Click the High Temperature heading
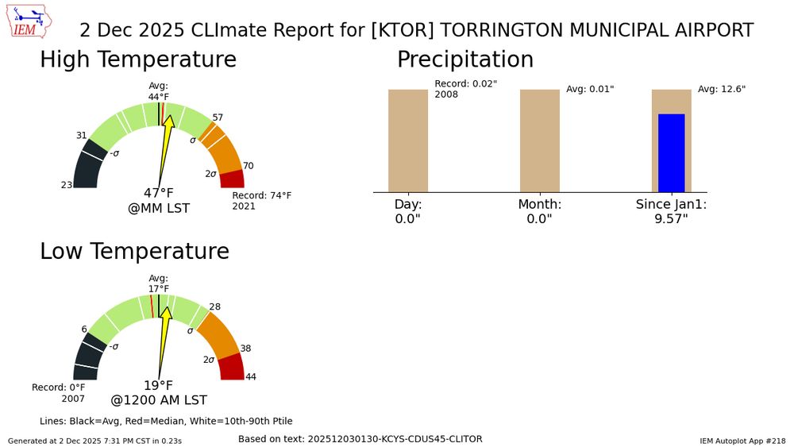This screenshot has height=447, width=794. pyautogui.click(x=138, y=60)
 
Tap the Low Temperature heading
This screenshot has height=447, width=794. pyautogui.click(x=134, y=251)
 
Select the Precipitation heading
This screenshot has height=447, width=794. pyautogui.click(x=465, y=60)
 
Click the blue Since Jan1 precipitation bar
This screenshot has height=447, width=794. pyautogui.click(x=671, y=152)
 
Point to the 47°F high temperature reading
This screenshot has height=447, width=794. pyautogui.click(x=158, y=193)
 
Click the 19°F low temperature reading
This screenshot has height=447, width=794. pyautogui.click(x=158, y=385)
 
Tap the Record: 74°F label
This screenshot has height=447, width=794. pyautogui.click(x=261, y=195)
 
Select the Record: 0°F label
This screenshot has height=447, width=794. pyautogui.click(x=58, y=387)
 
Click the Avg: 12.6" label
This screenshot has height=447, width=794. pyautogui.click(x=722, y=89)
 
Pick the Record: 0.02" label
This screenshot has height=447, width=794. pyautogui.click(x=465, y=84)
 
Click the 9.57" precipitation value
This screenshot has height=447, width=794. pyautogui.click(x=671, y=218)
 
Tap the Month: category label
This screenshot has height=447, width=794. pyautogui.click(x=540, y=204)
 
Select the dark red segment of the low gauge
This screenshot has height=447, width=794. pyautogui.click(x=231, y=368)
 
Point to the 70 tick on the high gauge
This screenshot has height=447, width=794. pyautogui.click(x=248, y=166)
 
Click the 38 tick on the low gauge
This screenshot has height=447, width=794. pyautogui.click(x=245, y=349)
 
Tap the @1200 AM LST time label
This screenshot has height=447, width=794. pyautogui.click(x=159, y=400)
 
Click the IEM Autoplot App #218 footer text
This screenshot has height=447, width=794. pyautogui.click(x=742, y=440)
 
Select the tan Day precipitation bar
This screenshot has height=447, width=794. pyautogui.click(x=408, y=140)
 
